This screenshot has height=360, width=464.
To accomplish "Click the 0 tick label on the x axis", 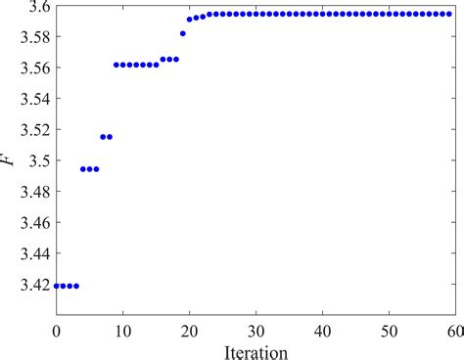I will click(x=57, y=331).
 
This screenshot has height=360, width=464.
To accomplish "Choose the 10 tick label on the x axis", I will click(x=123, y=331).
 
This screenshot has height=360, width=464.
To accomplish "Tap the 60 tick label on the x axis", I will click(x=454, y=331).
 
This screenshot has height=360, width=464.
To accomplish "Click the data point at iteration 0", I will click(x=57, y=286).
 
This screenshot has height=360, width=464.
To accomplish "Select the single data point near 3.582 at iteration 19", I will click(x=183, y=33).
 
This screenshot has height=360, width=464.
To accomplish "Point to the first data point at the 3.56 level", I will click(x=116, y=65).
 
